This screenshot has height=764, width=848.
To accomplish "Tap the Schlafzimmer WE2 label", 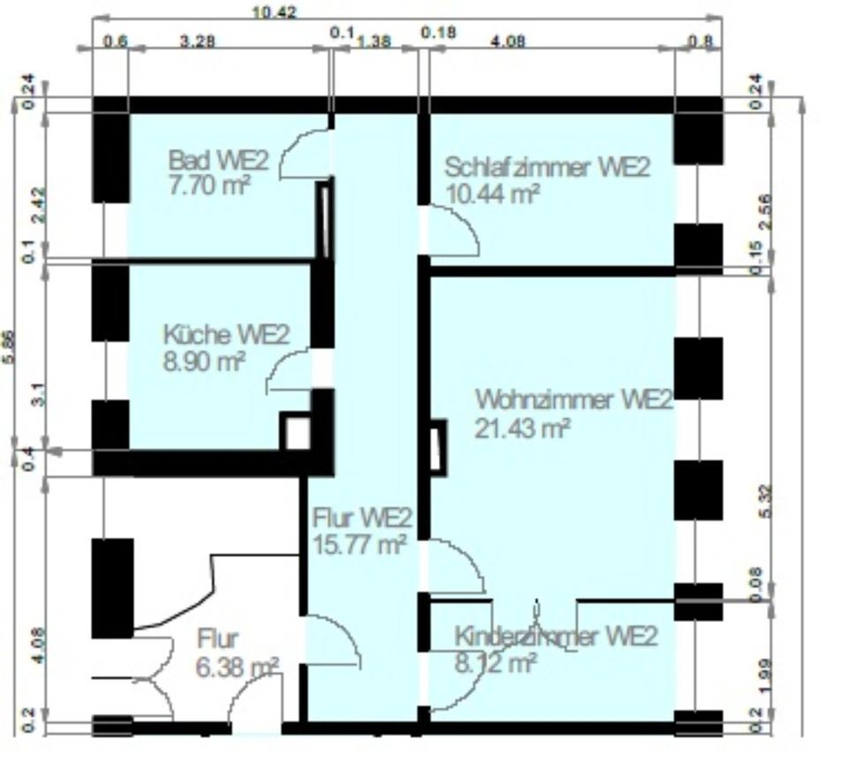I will tap(547, 167).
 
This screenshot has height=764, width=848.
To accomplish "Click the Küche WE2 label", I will tap(226, 335).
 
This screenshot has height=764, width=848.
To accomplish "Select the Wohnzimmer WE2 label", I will tap(573, 400).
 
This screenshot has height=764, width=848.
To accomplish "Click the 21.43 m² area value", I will tap(522, 427).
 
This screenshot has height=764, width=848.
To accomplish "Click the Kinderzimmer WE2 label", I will tap(556, 637).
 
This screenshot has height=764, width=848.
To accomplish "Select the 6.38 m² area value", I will tap(238, 666).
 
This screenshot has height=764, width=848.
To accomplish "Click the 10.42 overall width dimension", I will tap(274, 11).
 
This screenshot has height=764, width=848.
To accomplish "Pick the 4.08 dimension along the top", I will tap(509, 40).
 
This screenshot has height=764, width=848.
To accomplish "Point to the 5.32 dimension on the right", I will tap(765, 503).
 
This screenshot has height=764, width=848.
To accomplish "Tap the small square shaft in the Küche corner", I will tap(296, 433).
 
